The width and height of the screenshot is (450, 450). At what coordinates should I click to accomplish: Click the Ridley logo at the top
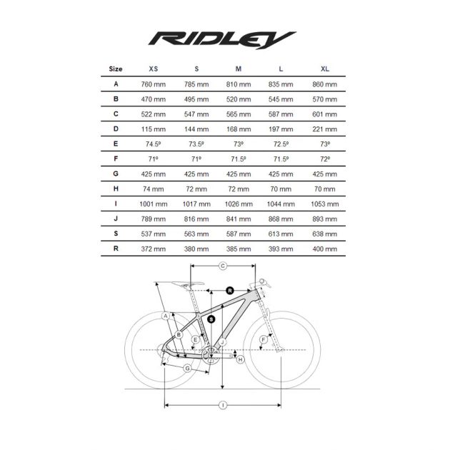pyautogui.click(x=222, y=40)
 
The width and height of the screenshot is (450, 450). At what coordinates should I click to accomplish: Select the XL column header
pyautogui.click(x=325, y=69)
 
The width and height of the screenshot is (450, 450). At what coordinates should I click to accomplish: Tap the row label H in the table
pyautogui.click(x=116, y=189)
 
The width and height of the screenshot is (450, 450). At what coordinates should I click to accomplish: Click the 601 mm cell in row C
pyautogui.click(x=324, y=114)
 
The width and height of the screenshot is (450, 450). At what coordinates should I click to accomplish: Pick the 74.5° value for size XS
pyautogui.click(x=154, y=144)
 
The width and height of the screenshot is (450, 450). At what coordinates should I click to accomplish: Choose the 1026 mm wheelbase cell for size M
pyautogui.click(x=239, y=204)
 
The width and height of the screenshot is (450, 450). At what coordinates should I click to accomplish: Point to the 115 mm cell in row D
pyautogui.click(x=154, y=129)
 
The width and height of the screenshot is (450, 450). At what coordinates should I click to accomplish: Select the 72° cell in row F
pyautogui.click(x=325, y=159)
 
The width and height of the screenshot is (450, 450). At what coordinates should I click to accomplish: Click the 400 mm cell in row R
pyautogui.click(x=324, y=249)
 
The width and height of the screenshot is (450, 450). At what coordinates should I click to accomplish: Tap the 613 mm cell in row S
pyautogui.click(x=281, y=234)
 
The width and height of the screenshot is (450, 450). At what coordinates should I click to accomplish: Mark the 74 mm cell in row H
pyautogui.click(x=154, y=189)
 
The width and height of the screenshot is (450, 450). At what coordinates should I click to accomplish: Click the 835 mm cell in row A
pyautogui.click(x=281, y=84)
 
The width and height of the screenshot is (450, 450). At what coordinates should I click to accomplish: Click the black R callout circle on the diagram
pyautogui.click(x=230, y=291)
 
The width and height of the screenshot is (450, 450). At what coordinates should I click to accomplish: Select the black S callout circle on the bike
pyautogui.click(x=211, y=319)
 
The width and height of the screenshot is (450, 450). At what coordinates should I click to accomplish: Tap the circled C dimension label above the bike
pyautogui.click(x=223, y=266)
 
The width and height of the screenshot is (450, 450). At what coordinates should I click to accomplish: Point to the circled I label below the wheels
pyautogui.click(x=223, y=405)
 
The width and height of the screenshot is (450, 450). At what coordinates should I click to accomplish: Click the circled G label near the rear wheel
pyautogui.click(x=187, y=368)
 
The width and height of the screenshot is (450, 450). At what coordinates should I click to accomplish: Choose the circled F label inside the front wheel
pyautogui.click(x=263, y=340)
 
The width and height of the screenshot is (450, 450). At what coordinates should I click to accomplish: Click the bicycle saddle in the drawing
pyautogui.click(x=188, y=284)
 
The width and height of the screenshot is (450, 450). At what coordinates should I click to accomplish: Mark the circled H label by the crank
pyautogui.click(x=241, y=359)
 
